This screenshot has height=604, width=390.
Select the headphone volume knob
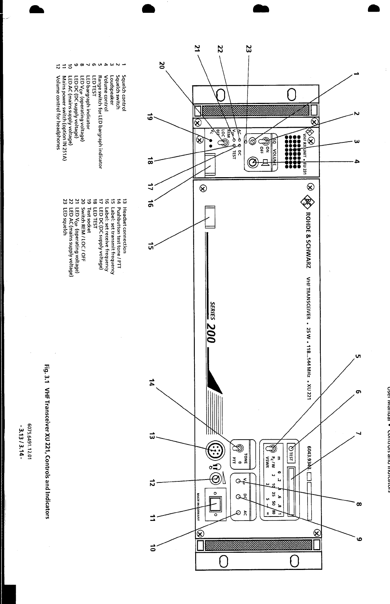pos(215,477)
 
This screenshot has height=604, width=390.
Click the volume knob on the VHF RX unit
pos(252,162)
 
